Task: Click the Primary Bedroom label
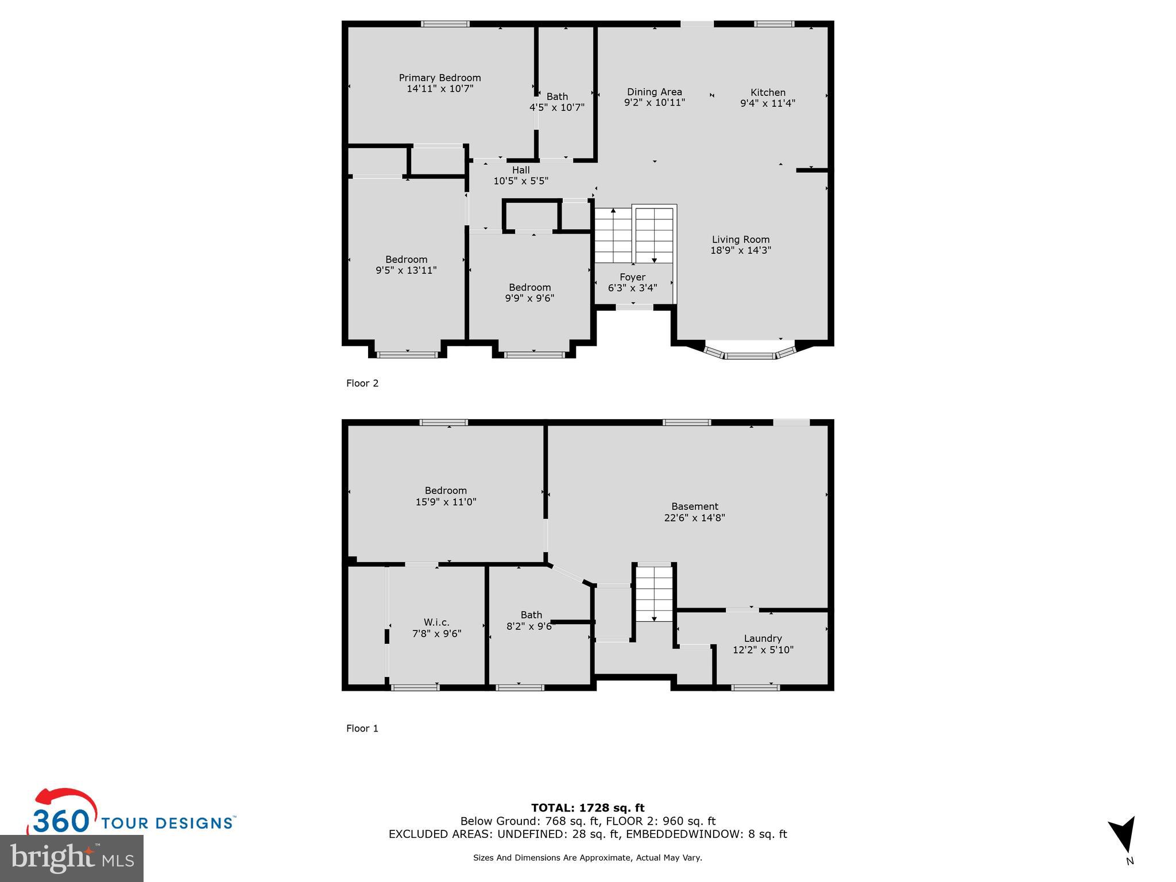click(440, 78)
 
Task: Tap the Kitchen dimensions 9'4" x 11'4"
click(767, 103)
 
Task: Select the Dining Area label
click(654, 92)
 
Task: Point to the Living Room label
click(740, 239)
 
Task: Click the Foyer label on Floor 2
click(632, 277)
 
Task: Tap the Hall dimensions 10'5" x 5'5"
click(521, 181)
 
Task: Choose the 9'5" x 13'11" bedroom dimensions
click(406, 270)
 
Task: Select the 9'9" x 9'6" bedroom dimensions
click(529, 298)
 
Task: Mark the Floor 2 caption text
click(362, 383)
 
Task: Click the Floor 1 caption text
click(362, 728)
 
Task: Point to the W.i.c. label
click(436, 622)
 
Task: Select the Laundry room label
click(763, 638)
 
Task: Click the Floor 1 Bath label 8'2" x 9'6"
click(531, 621)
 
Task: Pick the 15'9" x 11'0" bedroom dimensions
click(446, 502)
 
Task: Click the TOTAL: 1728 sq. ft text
click(587, 808)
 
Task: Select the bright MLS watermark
click(72, 858)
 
